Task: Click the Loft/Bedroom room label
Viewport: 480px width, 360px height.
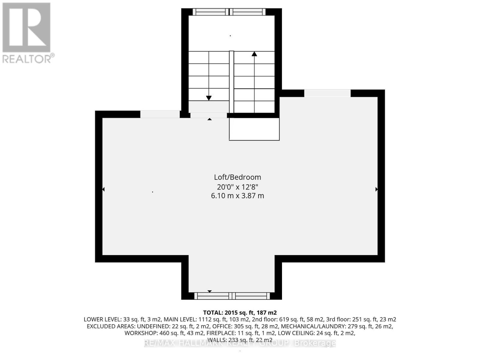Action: click(x=237, y=177)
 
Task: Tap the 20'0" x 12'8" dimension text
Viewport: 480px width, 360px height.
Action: click(x=237, y=187)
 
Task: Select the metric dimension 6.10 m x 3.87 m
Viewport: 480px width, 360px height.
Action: click(x=237, y=196)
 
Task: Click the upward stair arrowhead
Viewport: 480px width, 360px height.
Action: click(x=254, y=54)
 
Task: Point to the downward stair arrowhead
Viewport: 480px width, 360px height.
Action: click(x=209, y=98)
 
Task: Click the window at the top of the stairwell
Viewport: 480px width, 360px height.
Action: click(x=229, y=12)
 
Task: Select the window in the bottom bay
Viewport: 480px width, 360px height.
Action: click(x=232, y=296)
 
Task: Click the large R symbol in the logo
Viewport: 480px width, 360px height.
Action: click(x=26, y=28)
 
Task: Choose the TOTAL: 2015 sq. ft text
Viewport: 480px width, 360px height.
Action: click(x=240, y=313)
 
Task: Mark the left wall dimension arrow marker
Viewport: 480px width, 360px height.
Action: click(x=103, y=189)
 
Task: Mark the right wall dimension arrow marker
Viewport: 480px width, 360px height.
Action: click(x=376, y=189)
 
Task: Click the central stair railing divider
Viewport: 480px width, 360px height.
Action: click(x=231, y=82)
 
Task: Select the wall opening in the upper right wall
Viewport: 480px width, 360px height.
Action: click(x=327, y=93)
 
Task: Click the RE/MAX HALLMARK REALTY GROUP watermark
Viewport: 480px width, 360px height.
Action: click(x=240, y=343)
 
